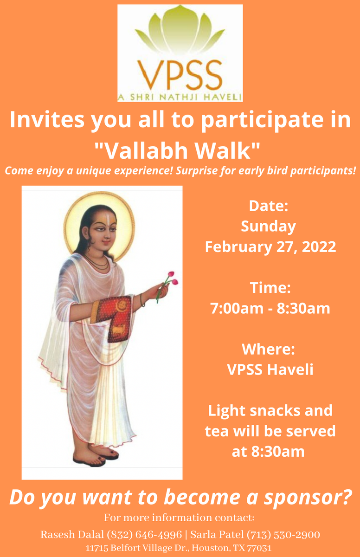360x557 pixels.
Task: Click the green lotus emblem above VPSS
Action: tap(180, 29)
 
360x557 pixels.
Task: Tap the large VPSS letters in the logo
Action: tap(180, 75)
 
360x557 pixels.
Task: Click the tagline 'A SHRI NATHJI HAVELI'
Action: tap(180, 97)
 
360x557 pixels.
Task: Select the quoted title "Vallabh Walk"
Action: tap(177, 151)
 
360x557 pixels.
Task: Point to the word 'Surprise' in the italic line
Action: tap(196, 171)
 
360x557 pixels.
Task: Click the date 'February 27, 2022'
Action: tap(270, 247)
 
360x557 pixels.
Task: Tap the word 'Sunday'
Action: tap(268, 227)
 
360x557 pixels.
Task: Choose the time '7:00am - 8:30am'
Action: tap(270, 308)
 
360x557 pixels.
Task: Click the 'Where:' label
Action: tap(268, 349)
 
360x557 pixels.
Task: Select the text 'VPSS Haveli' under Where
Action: tap(270, 369)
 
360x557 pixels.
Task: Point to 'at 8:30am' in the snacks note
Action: tap(268, 451)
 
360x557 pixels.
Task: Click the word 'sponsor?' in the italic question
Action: tap(308, 497)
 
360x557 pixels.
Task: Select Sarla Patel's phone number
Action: tap(283, 535)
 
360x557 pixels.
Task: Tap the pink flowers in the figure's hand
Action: tap(173, 278)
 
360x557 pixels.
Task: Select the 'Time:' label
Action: tap(270, 288)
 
